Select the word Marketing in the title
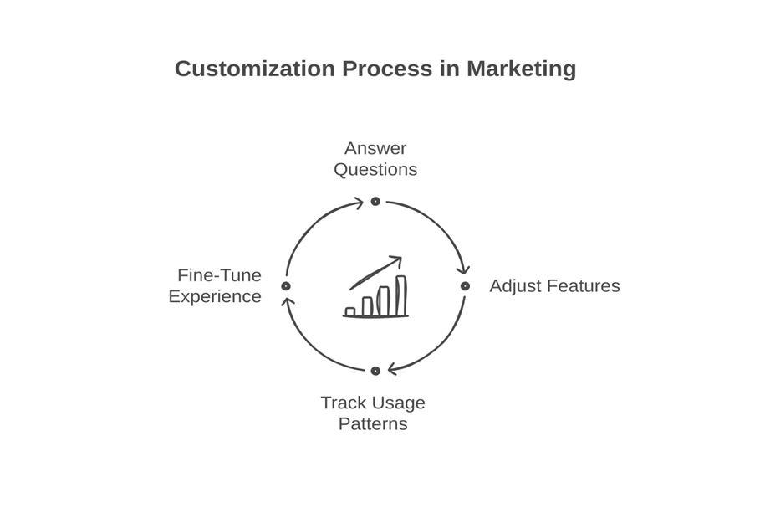(521, 69)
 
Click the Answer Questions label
(375, 159)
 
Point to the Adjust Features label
(554, 286)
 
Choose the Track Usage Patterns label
(373, 413)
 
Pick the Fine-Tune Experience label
(216, 286)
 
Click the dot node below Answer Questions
(375, 202)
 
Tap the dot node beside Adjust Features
(465, 286)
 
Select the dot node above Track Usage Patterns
(375, 371)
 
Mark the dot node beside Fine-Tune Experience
(286, 286)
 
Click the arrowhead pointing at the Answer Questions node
(359, 203)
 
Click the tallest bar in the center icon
(401, 295)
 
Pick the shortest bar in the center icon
(350, 311)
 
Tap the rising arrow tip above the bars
(398, 259)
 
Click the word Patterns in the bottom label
(373, 424)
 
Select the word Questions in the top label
(375, 170)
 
